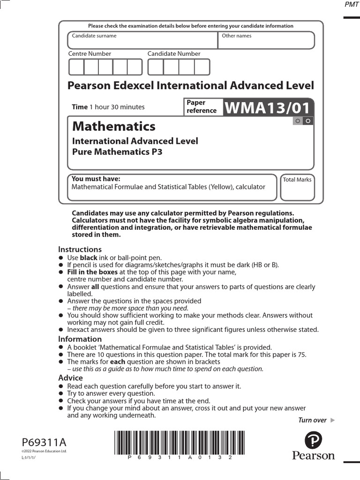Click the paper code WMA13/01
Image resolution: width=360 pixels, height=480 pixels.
268,108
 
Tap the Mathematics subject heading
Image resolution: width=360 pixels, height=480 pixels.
113,126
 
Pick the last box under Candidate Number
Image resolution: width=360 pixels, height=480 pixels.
202,67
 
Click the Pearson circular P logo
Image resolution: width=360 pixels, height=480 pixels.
313,441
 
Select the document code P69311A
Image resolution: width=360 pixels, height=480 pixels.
45,442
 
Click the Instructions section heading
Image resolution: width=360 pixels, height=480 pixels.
80,249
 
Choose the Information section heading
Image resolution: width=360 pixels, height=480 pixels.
80,339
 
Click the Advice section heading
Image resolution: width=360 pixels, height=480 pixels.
70,378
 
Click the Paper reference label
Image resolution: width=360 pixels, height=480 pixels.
202,106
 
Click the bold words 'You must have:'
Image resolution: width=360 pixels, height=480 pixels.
96,179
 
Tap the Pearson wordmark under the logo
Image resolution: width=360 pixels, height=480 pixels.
313,456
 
